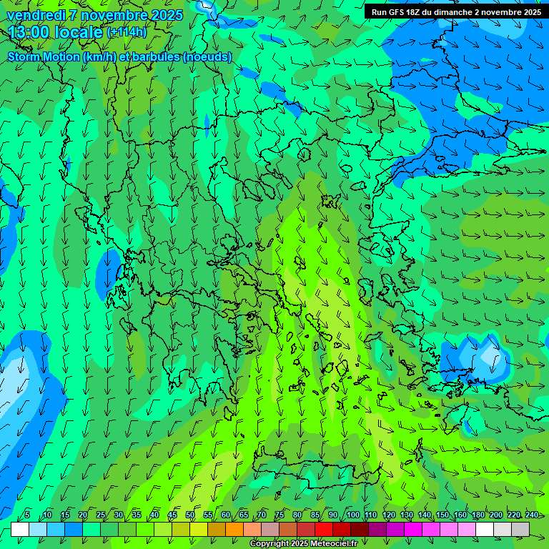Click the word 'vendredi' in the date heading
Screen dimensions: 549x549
click(x=36, y=15)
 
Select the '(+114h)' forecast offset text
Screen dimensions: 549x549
click(x=127, y=32)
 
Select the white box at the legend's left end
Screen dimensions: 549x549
click(x=20, y=530)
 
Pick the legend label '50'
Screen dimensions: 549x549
click(x=190, y=515)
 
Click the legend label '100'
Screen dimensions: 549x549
click(x=353, y=515)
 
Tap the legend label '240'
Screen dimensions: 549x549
click(x=532, y=515)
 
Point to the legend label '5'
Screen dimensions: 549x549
click(x=27, y=515)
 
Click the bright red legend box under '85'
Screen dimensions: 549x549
click(x=324, y=530)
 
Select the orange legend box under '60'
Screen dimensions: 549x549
click(x=217, y=530)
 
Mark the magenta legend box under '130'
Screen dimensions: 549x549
click(x=413, y=530)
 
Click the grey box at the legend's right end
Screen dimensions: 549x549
click(x=520, y=530)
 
